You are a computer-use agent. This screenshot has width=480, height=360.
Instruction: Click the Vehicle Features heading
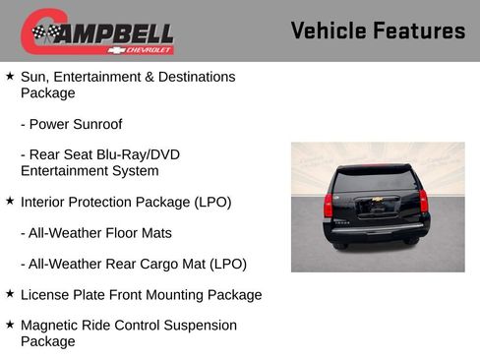point(378,31)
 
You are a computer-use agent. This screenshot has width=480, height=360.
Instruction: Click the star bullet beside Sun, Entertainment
point(10,75)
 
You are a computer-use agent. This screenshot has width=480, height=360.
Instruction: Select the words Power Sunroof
point(76,125)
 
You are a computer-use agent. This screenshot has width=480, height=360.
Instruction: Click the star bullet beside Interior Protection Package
point(10,201)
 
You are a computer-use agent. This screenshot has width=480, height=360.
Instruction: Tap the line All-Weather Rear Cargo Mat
point(133,264)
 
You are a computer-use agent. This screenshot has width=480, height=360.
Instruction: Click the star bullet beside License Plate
point(10,293)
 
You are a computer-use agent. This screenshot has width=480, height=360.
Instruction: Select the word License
point(45,294)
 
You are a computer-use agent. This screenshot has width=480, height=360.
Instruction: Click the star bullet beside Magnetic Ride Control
point(10,324)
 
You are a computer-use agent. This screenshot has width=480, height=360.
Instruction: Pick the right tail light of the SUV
point(424,201)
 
